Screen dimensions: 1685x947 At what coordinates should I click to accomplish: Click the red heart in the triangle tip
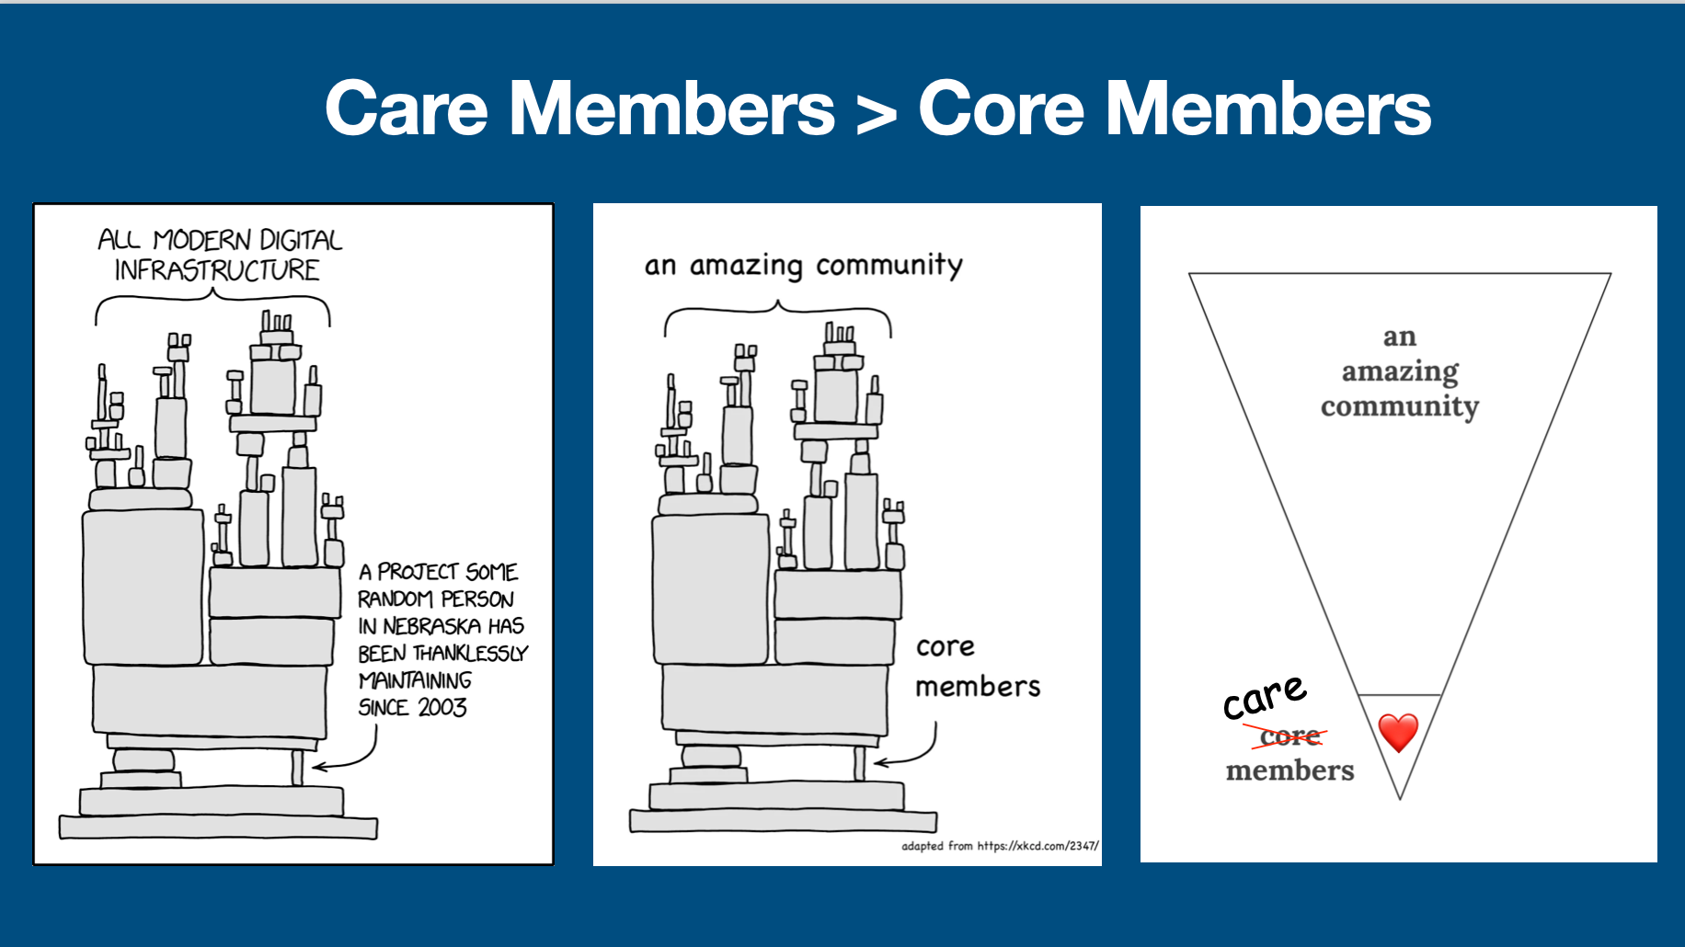coord(1398,733)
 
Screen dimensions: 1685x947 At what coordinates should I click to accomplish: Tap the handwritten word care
coord(1265,698)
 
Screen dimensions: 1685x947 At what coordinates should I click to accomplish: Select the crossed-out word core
coord(1290,736)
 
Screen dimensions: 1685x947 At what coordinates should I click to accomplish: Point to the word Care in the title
coord(407,108)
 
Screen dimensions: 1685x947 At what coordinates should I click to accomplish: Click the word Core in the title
coord(1002,108)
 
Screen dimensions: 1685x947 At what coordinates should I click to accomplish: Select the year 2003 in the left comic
coord(442,707)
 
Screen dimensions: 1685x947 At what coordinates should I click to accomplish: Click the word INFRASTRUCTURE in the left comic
coord(217,270)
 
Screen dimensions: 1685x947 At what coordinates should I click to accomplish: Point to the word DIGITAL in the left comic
coord(301,240)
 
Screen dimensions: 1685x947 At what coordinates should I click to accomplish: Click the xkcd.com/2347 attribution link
coord(1037,846)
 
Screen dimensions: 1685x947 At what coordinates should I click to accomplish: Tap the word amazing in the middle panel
coord(746,267)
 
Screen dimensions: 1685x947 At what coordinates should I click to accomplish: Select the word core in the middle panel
coord(946,647)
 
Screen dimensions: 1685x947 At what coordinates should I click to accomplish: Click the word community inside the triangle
coord(1400,406)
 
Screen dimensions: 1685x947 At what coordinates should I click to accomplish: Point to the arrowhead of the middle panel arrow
coord(879,762)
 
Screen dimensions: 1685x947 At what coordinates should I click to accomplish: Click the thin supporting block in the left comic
coord(297,767)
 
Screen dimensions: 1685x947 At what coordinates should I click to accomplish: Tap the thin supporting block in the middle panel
coord(859,763)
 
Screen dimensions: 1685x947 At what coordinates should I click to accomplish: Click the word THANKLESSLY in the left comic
coord(470,654)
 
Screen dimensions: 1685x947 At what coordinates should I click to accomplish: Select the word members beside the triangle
coord(1290,770)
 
